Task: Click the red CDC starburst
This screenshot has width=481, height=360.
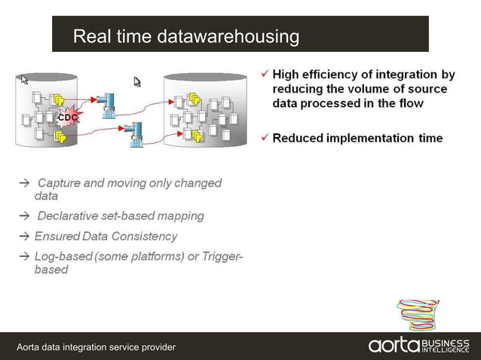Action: [67, 117]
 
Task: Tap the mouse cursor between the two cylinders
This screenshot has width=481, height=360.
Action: [138, 81]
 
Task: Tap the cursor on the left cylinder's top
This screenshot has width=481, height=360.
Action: [24, 79]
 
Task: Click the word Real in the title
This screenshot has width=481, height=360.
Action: [91, 36]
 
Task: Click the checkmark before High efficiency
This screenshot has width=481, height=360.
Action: [264, 75]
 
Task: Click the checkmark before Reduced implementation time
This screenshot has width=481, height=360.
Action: [264, 138]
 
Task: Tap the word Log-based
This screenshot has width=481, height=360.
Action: [63, 257]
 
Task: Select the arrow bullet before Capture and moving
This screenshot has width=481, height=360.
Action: [24, 183]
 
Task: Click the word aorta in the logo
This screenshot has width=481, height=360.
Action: [394, 345]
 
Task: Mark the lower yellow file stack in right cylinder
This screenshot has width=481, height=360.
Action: [197, 136]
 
